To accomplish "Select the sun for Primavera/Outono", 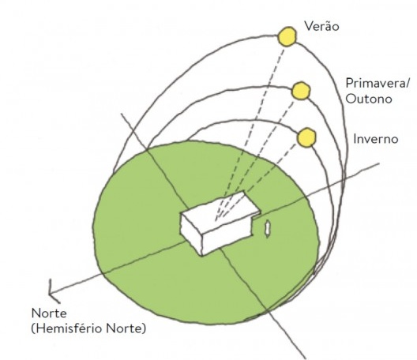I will pos(299,90).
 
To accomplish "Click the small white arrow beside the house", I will pos(269,228).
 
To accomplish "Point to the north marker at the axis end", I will pos(54,290).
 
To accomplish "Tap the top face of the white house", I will pos(221,211).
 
